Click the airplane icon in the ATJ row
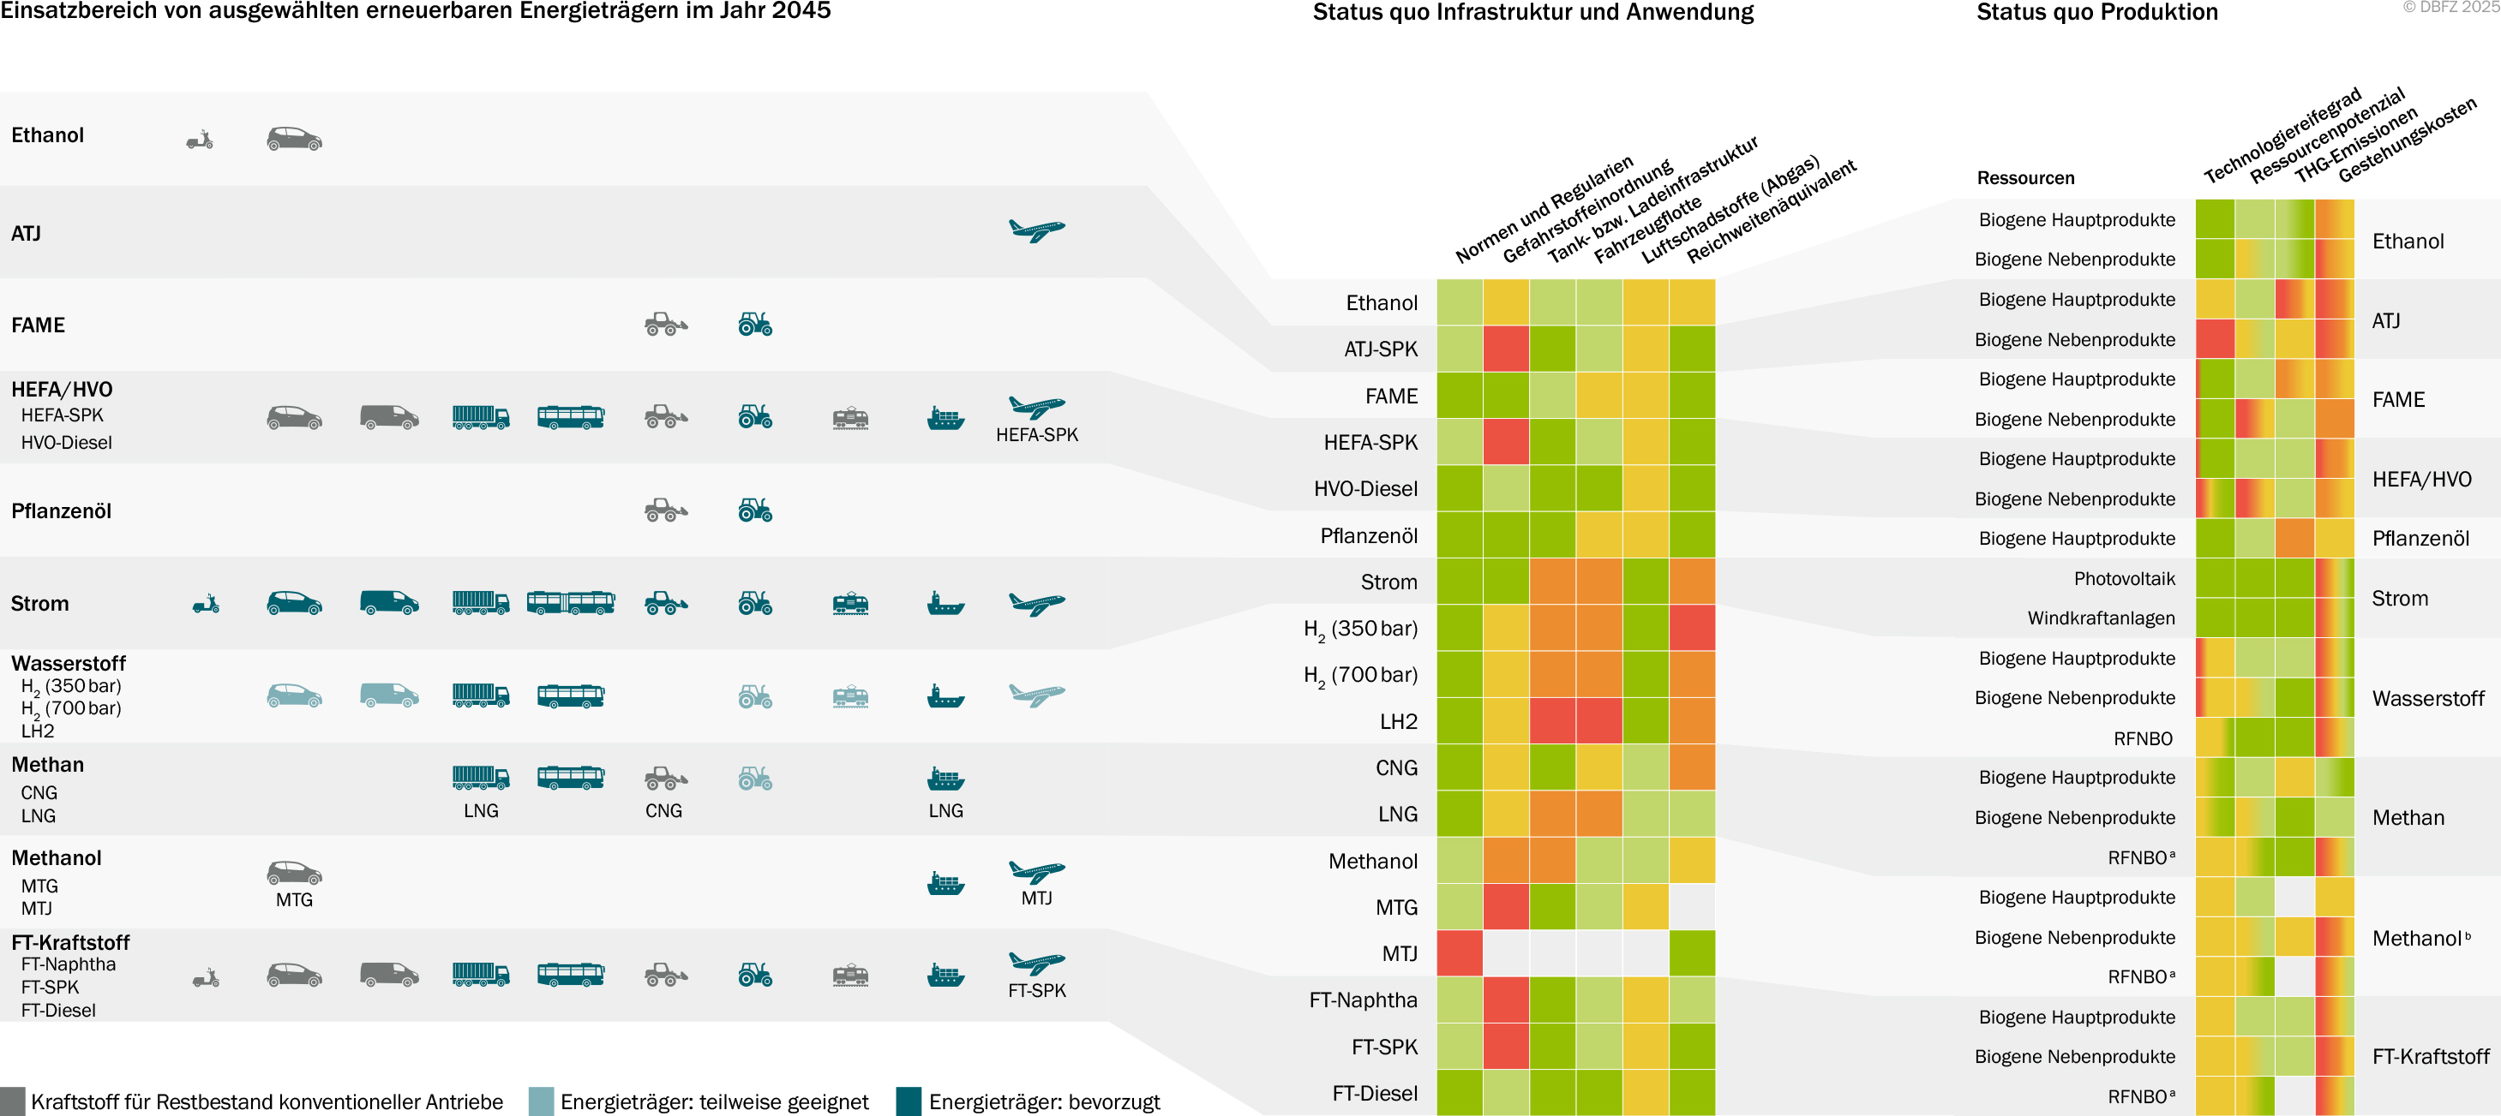(x=1037, y=231)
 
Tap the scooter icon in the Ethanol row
(x=200, y=140)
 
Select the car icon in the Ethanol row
(x=294, y=139)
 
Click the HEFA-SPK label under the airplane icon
(x=1037, y=435)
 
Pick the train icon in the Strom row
(x=850, y=604)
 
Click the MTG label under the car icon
(x=294, y=899)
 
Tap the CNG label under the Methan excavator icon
(x=664, y=810)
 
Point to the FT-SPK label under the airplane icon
(x=1037, y=991)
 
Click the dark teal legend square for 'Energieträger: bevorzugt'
(x=909, y=1101)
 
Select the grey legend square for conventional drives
(x=13, y=1101)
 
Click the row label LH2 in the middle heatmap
(x=1398, y=721)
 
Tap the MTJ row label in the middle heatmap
(x=1399, y=954)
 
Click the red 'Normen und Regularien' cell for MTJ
(x=1460, y=953)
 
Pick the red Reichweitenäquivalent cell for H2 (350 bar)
(x=1692, y=627)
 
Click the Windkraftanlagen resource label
(x=2101, y=618)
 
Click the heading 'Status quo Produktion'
(x=2097, y=13)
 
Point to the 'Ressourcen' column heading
(x=2025, y=177)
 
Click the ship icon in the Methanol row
(x=945, y=882)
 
